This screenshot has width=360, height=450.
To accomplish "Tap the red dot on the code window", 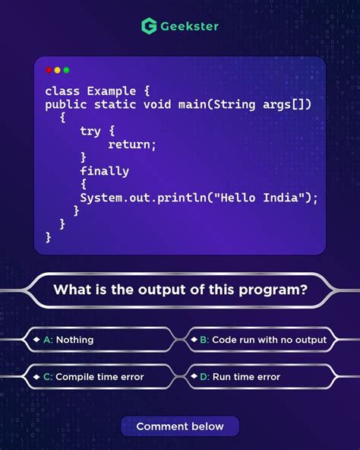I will pos(49,70).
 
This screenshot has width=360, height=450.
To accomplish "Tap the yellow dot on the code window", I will pos(58,70).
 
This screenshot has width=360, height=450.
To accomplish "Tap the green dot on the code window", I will pos(67,70).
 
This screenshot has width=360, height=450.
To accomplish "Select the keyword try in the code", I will pos(90,131).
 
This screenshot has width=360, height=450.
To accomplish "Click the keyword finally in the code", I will pos(104,171).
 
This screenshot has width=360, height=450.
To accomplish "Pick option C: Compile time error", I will pos(99,376).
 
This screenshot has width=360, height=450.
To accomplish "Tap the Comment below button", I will pos(180,426).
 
